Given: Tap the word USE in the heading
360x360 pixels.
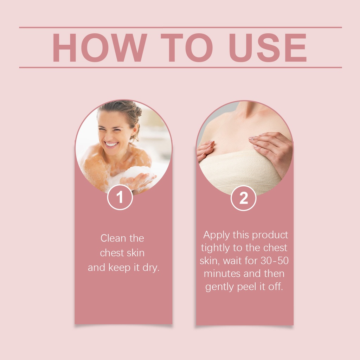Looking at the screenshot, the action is point(268,47).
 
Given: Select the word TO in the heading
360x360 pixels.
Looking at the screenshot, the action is point(187,47).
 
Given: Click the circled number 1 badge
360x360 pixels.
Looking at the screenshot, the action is point(120,197).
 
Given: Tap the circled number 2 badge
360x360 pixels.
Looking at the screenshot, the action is point(243,198).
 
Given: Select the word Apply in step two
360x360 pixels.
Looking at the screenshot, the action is point(217,235).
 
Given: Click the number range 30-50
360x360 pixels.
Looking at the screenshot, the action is point(275,261).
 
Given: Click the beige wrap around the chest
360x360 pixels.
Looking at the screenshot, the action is point(240,172).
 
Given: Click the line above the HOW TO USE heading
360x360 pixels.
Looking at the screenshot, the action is point(180,27).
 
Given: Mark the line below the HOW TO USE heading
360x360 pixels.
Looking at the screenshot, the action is point(180,67).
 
